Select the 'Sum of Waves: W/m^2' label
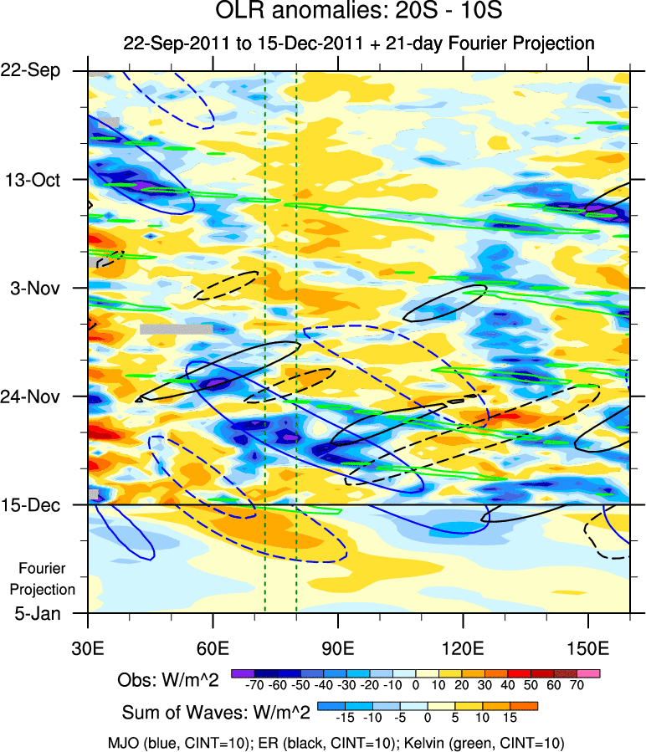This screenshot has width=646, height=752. tap(217, 713)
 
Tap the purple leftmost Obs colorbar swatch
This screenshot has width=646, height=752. tap(242, 672)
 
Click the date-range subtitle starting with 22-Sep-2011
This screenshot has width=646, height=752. tap(358, 43)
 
